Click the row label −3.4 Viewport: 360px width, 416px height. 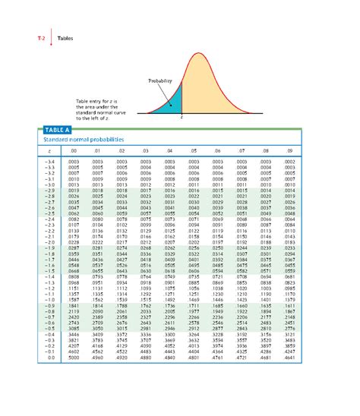point(49,162)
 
